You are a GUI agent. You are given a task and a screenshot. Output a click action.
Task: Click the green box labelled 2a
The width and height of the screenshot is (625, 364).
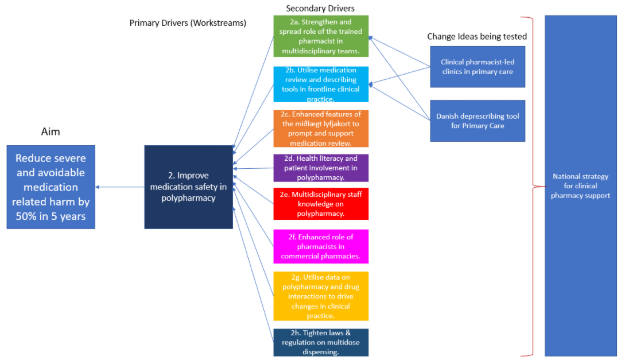pos(321,36)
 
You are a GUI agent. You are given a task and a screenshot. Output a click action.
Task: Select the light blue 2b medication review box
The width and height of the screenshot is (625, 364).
pos(321,84)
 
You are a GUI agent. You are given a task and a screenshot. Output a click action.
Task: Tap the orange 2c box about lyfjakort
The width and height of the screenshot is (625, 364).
pos(321,129)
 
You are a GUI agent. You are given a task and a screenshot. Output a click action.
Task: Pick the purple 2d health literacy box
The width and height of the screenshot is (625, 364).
pos(321,168)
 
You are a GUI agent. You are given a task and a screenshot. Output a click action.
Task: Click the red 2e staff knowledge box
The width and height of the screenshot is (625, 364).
pos(321,204)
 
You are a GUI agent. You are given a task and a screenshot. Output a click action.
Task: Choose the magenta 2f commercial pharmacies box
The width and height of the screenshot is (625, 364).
pos(321,246)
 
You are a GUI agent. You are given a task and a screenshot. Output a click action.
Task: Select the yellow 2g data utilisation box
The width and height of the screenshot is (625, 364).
pos(321,296)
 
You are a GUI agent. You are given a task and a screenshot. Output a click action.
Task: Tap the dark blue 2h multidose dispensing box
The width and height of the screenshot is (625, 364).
pos(321,342)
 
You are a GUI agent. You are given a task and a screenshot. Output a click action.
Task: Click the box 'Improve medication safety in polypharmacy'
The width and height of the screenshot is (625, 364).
pos(189,187)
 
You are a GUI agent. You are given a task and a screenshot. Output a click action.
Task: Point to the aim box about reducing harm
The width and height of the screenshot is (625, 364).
pos(51,187)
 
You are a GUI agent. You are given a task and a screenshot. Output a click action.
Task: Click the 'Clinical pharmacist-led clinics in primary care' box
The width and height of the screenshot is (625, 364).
pos(477,67)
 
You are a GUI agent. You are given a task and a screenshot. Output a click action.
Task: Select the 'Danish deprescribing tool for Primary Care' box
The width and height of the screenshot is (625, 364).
pos(477,121)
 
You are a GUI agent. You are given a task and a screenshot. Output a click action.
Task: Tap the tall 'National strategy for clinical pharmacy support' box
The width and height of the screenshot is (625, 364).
pos(580,185)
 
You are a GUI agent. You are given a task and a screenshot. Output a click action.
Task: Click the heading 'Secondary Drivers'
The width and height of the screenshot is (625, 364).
pos(320,8)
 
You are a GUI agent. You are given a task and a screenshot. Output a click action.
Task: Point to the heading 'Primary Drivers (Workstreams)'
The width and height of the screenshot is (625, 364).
pos(188,23)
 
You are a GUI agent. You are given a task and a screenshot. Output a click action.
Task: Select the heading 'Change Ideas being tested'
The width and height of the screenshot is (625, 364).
pos(476,36)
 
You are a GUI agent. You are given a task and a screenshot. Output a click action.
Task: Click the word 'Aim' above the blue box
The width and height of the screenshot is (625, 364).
pos(51,131)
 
